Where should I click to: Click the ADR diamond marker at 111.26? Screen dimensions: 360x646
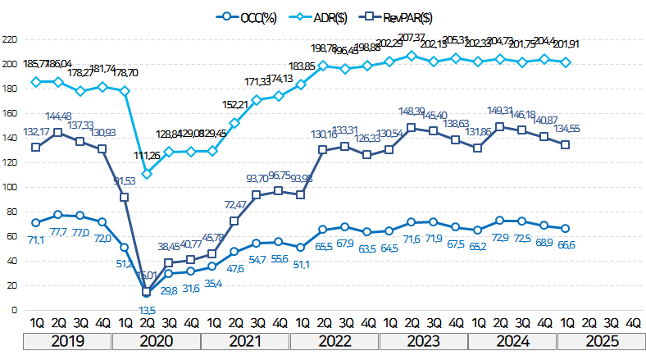pyautogui.click(x=146, y=174)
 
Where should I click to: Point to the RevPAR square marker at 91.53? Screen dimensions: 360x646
pyautogui.click(x=124, y=197)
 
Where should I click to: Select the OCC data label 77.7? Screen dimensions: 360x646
pyautogui.click(x=58, y=232)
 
